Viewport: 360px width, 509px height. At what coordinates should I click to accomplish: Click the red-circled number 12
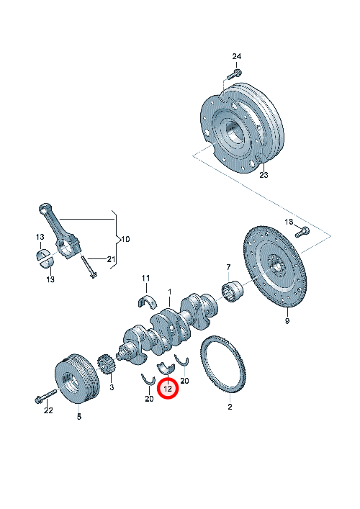[x=168, y=388]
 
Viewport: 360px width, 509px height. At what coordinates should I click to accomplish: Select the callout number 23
[x=264, y=175]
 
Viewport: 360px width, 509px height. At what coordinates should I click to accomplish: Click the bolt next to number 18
[x=302, y=232]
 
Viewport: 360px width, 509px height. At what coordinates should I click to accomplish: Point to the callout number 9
[x=287, y=321]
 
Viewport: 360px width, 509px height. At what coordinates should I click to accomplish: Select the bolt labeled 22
[x=45, y=397]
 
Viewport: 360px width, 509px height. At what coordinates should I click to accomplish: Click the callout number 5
[x=79, y=416]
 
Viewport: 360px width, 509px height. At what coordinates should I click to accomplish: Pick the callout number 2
[x=230, y=407]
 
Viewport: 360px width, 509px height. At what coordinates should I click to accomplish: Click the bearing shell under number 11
[x=147, y=302]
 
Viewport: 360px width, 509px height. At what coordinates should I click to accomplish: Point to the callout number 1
[x=169, y=292]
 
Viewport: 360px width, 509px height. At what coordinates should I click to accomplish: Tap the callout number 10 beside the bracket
[x=125, y=240]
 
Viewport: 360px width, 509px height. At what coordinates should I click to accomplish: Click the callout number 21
[x=111, y=259]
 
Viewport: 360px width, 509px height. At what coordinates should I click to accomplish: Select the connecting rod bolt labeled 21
[x=88, y=266]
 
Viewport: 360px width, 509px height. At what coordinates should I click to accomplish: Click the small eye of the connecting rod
[x=43, y=208]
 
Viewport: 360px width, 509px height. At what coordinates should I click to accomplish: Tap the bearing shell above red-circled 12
[x=166, y=368]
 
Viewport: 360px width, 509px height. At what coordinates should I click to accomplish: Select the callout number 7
[x=228, y=268]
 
